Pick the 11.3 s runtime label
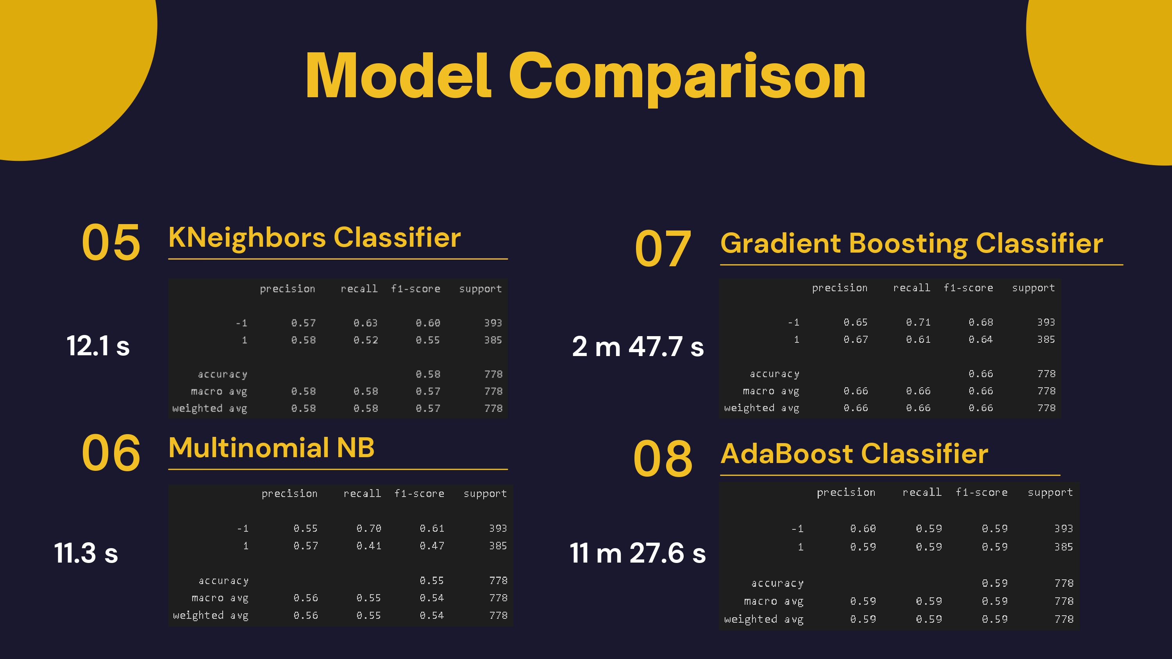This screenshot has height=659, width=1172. coord(86,553)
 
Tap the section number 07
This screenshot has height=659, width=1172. coord(663,248)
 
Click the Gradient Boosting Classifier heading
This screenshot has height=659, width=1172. coord(912,243)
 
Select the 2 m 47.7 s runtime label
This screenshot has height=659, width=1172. coord(638,347)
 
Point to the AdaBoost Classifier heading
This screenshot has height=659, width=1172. coord(854,454)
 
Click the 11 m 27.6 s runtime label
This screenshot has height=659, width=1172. coord(638,553)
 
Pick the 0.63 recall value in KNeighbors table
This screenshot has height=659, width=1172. coord(365,323)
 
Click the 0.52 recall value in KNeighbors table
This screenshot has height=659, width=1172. coord(365,340)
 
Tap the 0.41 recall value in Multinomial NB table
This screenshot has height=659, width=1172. coord(368,546)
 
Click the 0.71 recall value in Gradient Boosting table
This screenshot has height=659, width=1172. coord(918,322)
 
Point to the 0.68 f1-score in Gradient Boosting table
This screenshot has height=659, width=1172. coord(981,322)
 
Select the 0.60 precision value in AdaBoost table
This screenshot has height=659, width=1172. coord(863,529)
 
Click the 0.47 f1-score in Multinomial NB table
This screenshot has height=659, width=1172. coord(432,546)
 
